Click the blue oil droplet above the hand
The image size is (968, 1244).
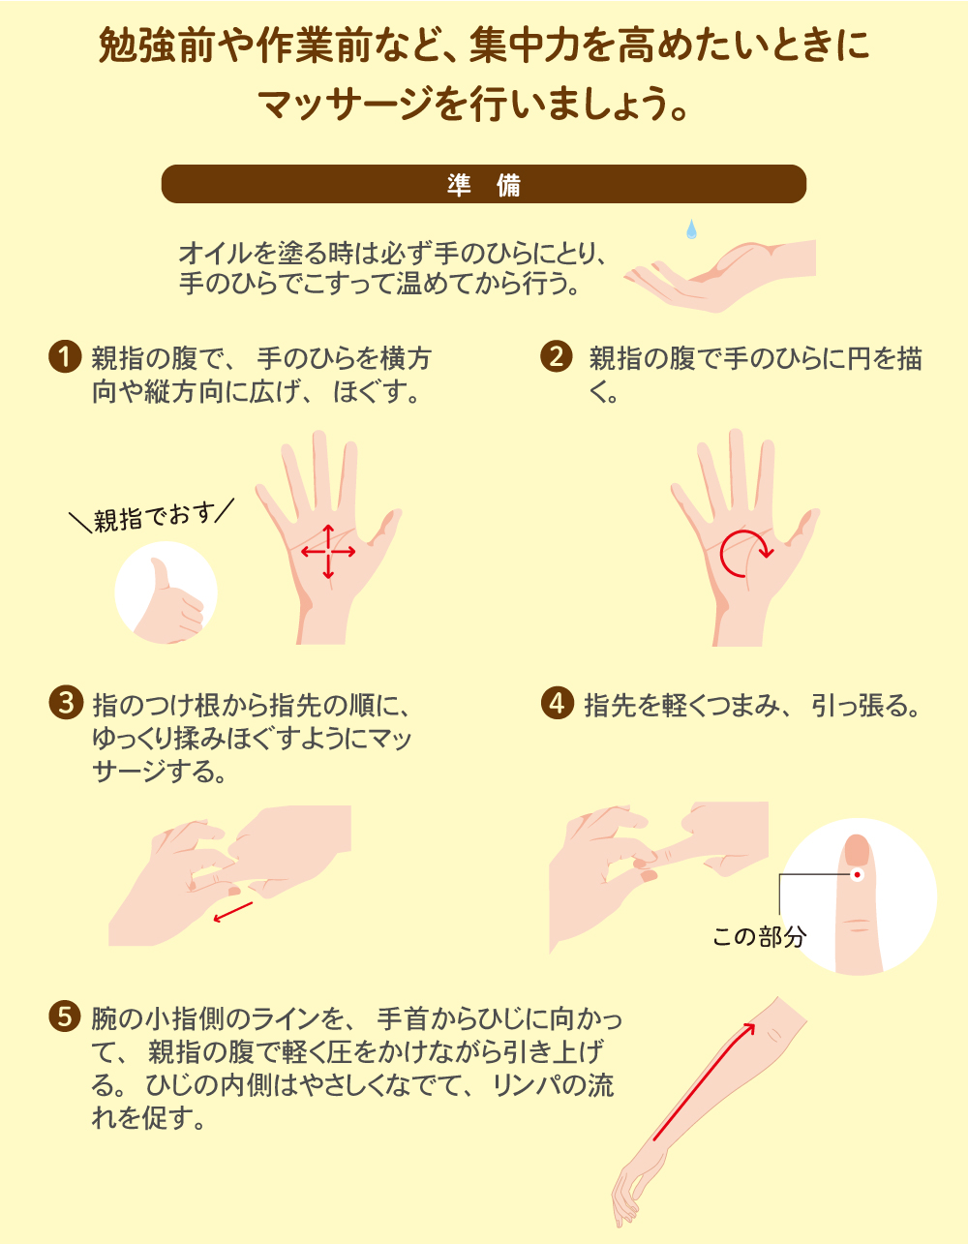691,229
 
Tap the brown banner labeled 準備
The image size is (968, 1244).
484,184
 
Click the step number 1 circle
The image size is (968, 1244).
65,356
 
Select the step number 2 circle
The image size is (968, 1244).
557,356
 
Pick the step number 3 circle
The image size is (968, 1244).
65,703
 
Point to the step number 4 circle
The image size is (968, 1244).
557,703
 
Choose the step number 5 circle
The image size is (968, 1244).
65,1016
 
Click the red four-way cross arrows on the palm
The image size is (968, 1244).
328,551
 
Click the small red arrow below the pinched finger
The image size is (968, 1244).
233,912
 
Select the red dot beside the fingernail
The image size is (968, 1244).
857,875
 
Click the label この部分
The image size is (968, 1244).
759,937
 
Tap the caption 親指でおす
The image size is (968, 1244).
151,516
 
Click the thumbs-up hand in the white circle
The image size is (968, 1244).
167,600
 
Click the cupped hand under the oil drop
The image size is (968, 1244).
719,276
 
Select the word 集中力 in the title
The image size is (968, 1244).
527,46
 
